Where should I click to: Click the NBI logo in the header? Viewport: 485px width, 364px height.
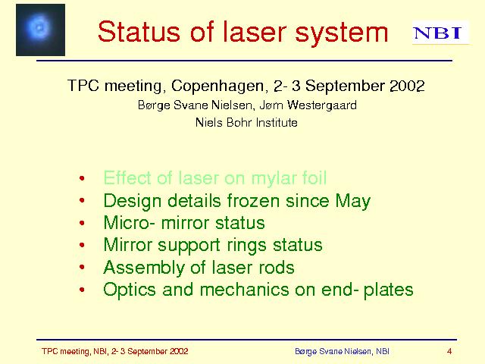point(440,33)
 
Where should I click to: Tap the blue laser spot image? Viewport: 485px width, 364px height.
point(40,30)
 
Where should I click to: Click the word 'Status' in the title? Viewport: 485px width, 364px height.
point(139,32)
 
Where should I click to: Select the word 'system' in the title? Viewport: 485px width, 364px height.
point(342,33)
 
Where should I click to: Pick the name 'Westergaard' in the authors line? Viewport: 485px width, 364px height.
point(322,105)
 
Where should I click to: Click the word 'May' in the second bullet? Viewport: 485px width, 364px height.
point(353,202)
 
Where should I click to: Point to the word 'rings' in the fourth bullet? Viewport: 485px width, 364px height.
point(246,246)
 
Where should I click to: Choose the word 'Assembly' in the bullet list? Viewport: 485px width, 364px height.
point(144,268)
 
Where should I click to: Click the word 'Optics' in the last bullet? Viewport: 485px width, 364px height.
point(130,290)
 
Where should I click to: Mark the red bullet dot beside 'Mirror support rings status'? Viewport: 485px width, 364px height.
point(82,246)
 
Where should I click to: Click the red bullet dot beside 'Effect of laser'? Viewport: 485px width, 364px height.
point(82,178)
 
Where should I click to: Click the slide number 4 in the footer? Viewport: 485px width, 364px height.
point(449,351)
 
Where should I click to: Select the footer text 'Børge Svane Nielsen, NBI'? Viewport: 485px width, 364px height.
point(342,352)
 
